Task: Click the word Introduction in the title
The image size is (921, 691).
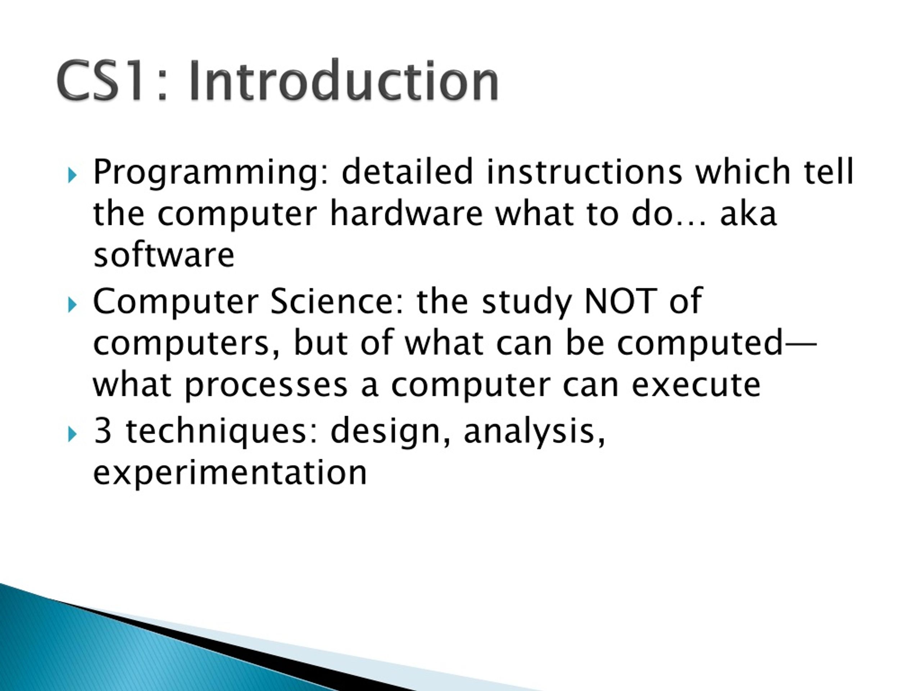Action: point(344,80)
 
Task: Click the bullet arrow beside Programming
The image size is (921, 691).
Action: point(72,175)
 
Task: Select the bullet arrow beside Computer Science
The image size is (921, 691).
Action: point(72,305)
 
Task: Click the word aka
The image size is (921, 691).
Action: point(748,213)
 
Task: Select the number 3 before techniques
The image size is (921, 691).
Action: point(103,431)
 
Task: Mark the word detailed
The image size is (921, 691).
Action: point(408,171)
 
